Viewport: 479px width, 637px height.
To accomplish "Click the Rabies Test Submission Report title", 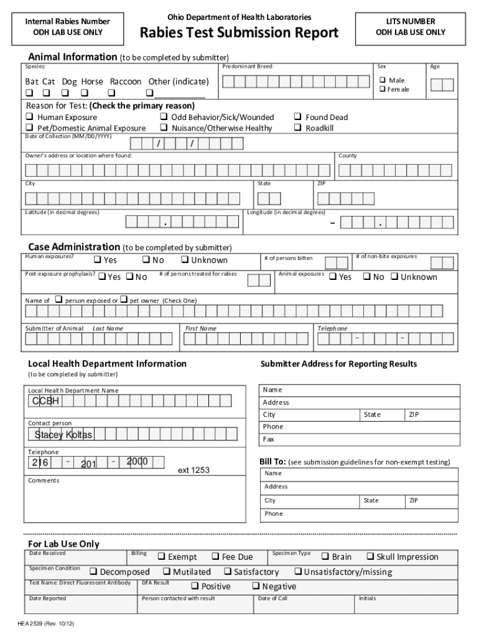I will coord(239,32).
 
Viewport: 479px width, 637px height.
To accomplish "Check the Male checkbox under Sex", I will coord(383,80).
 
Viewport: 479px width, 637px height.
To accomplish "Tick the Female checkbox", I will coord(383,89).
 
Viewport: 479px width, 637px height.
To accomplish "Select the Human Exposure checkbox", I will coord(29,117).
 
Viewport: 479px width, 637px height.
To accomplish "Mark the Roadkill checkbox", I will coord(298,128).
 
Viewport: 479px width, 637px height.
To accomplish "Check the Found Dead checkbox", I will coord(298,117).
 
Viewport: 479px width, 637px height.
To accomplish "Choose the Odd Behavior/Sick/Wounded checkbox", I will coord(164,117).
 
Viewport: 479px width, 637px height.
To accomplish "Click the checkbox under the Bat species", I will coord(29,93).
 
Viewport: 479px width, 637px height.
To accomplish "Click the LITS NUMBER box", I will coord(410,27).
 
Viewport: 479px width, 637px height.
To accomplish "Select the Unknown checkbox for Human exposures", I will coord(185,259).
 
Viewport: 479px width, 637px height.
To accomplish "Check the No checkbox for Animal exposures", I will coord(367,276).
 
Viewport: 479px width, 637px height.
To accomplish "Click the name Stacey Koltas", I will coord(63,434).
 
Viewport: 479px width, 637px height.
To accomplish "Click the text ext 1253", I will coord(193,470).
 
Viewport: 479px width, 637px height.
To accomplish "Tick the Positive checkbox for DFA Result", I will coord(195,586).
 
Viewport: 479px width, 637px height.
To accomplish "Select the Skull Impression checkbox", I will coord(370,556).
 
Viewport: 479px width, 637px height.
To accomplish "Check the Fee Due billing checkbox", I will coord(215,556).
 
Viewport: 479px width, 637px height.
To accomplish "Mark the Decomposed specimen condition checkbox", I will coord(93,571).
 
